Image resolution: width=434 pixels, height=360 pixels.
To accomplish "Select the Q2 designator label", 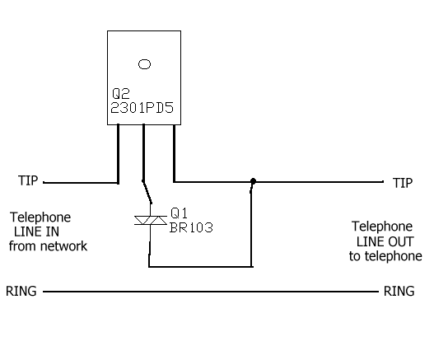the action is point(121,94).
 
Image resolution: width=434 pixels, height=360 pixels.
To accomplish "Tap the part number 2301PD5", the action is point(142,108).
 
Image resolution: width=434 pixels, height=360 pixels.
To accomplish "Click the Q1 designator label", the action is point(179,213).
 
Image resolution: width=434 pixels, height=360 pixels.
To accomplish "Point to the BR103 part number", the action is point(191,227).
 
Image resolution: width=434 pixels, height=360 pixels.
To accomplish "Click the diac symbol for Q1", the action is point(151,221).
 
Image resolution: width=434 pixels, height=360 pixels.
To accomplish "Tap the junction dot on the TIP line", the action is point(253,181).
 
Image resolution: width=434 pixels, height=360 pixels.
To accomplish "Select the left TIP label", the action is point(28,180).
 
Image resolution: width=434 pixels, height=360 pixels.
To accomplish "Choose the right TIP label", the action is point(403,183).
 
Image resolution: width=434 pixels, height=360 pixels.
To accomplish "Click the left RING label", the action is point(21,292).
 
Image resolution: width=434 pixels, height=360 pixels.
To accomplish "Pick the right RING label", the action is point(399,292).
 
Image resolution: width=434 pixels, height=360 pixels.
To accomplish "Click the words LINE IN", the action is point(36,231).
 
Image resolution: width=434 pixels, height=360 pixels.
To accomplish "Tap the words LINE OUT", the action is point(385,241).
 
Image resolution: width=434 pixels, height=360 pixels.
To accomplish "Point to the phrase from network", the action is point(48,246).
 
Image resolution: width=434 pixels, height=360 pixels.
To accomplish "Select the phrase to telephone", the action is point(385,256).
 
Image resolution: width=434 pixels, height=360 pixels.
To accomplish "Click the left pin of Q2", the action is point(119,154).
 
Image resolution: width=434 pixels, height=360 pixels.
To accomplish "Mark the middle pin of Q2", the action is point(143,152).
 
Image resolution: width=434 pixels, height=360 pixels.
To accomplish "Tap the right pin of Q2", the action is point(174,153).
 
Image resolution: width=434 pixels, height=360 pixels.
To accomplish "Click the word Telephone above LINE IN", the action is point(40,217).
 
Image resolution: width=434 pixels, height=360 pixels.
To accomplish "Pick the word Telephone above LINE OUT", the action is point(382,227).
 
